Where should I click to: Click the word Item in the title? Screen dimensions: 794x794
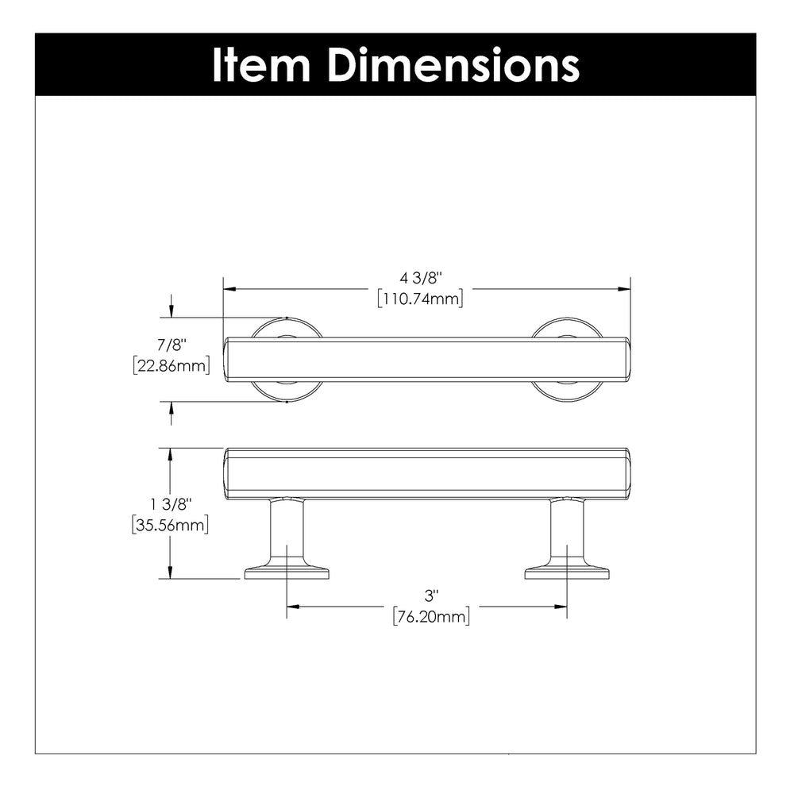(260, 64)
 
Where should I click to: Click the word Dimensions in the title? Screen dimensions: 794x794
(453, 64)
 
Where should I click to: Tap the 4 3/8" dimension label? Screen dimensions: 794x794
(421, 278)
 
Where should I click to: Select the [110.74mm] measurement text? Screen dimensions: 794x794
(420, 299)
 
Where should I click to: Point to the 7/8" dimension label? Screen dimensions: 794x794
(172, 345)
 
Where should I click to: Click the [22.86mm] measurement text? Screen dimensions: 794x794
(172, 365)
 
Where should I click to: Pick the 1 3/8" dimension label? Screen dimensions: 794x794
(172, 504)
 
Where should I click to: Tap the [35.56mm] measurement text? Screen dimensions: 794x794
(170, 525)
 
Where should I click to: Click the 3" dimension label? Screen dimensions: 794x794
(431, 596)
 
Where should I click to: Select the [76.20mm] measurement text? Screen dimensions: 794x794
(431, 617)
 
